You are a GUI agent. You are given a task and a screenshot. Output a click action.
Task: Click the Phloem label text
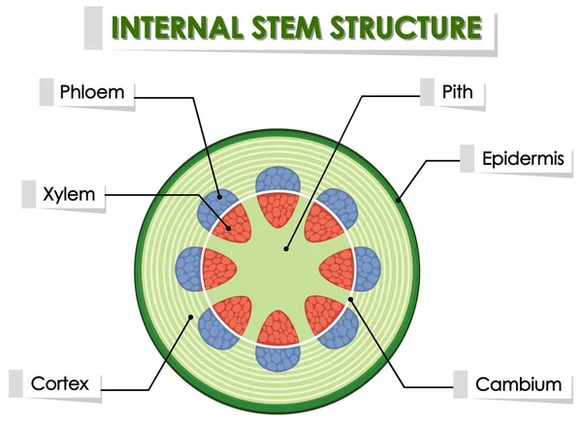(x=91, y=92)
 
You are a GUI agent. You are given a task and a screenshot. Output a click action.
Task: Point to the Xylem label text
(x=69, y=194)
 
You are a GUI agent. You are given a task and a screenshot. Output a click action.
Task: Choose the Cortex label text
(x=59, y=384)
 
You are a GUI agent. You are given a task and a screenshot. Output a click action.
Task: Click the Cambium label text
(x=518, y=384)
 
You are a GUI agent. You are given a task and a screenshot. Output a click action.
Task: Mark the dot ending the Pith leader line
(x=287, y=249)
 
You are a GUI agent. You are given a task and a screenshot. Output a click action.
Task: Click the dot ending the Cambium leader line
(x=351, y=297)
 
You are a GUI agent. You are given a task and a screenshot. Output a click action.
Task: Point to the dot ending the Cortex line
(x=193, y=315)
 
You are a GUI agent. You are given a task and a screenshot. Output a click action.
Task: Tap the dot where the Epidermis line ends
(x=397, y=201)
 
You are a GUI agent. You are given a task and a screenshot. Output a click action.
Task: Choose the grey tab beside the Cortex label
(x=15, y=384)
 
